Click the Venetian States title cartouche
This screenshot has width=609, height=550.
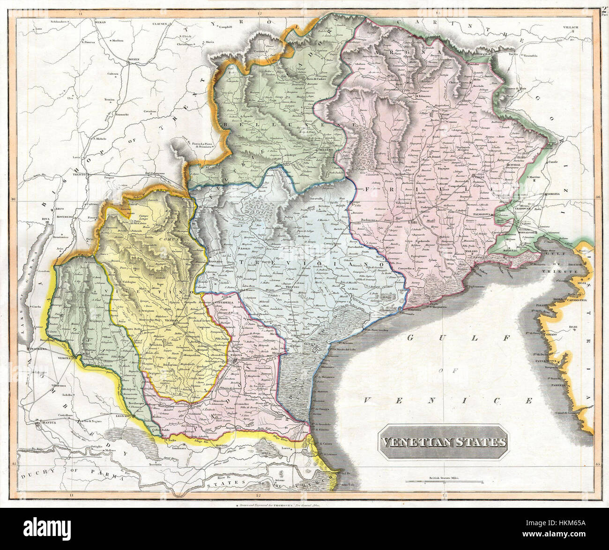[x=443, y=442]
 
